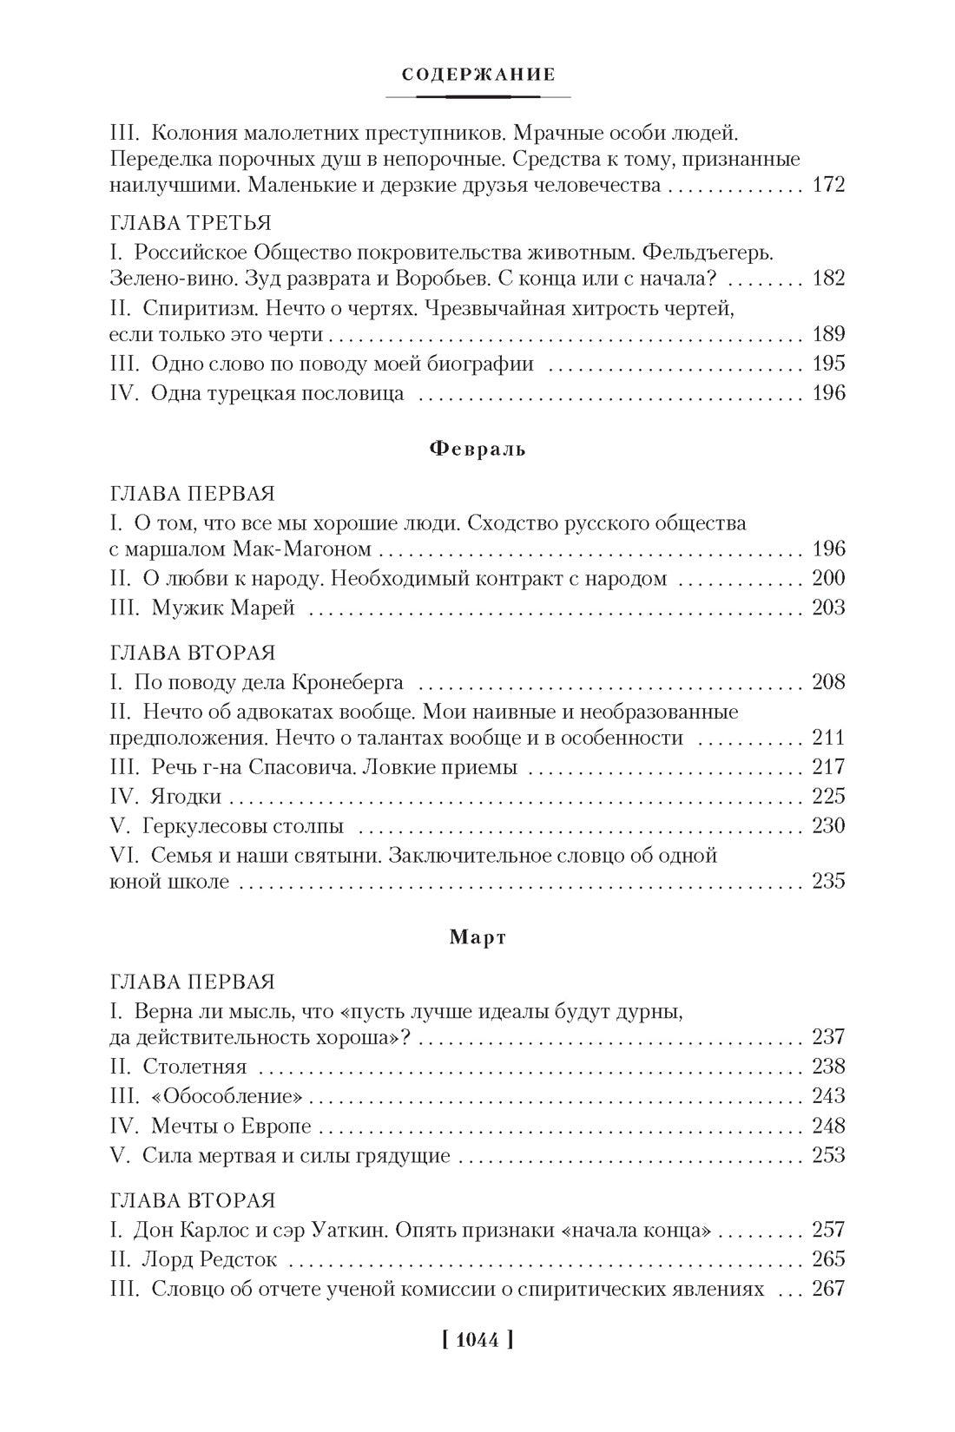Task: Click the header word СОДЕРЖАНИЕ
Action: pyautogui.click(x=478, y=75)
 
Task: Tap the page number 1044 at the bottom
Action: pyautogui.click(x=477, y=1339)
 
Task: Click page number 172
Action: pyautogui.click(x=827, y=185)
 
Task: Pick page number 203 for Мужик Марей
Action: pyautogui.click(x=827, y=608)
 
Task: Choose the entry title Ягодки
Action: pyautogui.click(x=186, y=796)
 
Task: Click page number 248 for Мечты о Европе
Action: pyautogui.click(x=827, y=1126)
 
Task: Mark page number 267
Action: pyautogui.click(x=827, y=1289)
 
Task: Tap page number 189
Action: pyautogui.click(x=827, y=335)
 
